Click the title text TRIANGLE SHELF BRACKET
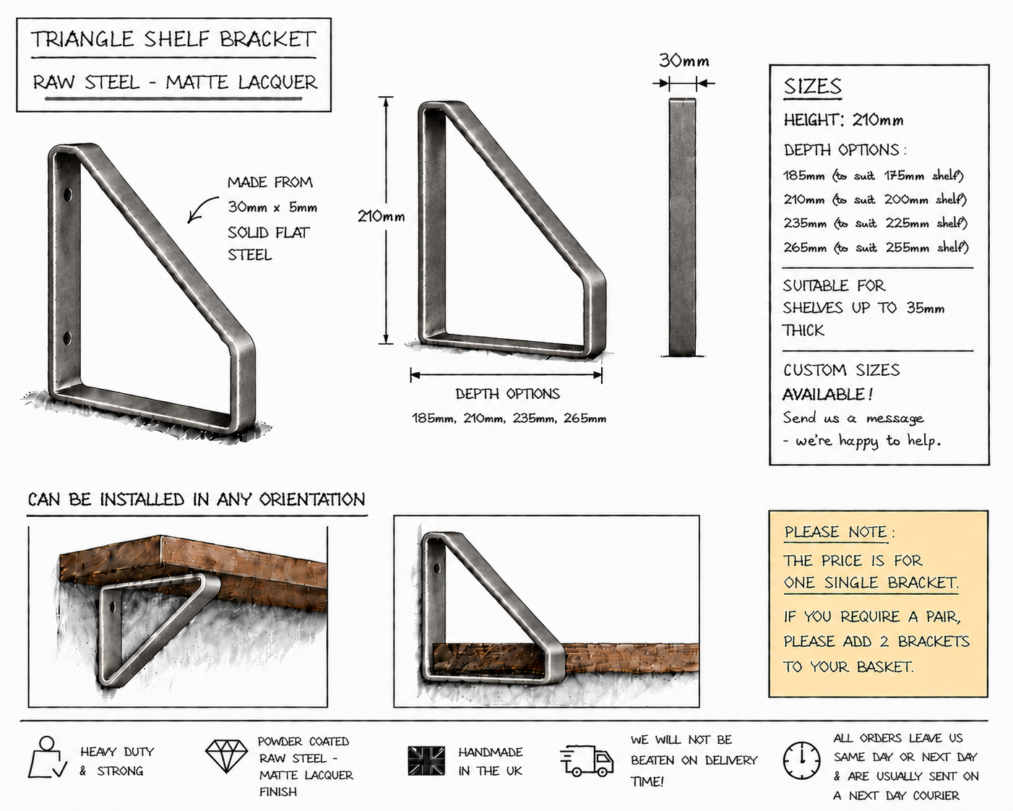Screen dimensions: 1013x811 click(173, 39)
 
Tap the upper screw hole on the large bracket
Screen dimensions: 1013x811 click(68, 194)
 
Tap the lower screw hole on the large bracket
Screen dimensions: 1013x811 click(68, 338)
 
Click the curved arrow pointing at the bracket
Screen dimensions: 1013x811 click(202, 209)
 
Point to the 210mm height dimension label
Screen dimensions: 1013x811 click(381, 216)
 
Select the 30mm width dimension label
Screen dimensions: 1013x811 click(684, 61)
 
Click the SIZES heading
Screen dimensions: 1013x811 click(812, 86)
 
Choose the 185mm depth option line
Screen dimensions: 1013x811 click(874, 176)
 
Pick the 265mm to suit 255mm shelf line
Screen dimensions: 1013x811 click(876, 247)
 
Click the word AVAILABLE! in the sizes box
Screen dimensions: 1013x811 click(828, 394)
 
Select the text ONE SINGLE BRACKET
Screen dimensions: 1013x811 click(871, 583)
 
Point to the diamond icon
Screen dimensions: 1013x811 click(226, 756)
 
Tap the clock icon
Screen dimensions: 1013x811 click(801, 760)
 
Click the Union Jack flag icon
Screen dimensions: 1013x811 click(426, 760)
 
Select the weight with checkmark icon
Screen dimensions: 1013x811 click(47, 758)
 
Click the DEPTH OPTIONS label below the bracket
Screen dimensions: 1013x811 click(508, 394)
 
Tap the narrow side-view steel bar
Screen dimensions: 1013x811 click(682, 227)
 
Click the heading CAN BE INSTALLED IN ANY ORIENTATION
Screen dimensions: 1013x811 click(197, 499)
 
